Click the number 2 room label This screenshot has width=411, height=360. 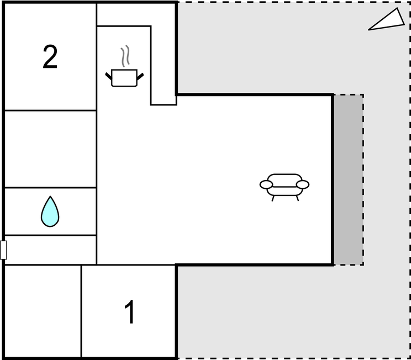pos(50,56)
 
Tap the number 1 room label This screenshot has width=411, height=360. pos(130,312)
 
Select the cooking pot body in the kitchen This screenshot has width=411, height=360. pos(124,78)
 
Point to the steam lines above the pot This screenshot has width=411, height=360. pos(125,56)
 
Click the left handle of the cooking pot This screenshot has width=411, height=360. pos(108,76)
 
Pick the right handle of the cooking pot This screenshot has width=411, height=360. pos(140,77)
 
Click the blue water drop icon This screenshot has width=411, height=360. pos(50,211)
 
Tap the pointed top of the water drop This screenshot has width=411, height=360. pos(50,196)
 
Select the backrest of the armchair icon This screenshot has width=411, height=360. pos(284,180)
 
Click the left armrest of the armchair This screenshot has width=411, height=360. pos(266,184)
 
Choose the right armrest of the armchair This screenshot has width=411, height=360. pos(303,184)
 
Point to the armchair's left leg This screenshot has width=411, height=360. pos(273,198)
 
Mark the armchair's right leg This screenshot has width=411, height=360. pos(297,198)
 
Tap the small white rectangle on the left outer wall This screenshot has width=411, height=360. pos(3,250)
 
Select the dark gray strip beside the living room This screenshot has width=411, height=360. pos(349,180)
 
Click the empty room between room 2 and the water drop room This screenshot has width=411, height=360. pos(50,149)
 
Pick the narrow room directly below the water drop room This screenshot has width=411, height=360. pos(50,250)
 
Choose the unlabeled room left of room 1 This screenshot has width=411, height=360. pos(43,311)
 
